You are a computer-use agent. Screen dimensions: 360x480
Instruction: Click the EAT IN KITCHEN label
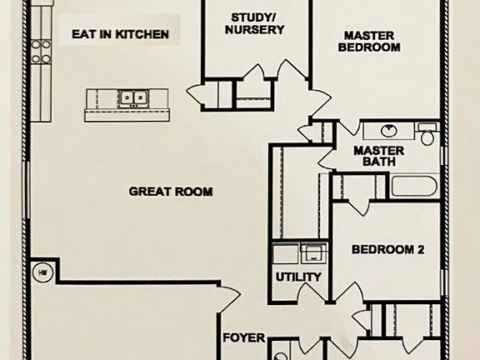pyautogui.click(x=120, y=35)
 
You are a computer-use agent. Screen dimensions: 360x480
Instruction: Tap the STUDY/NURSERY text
pyautogui.click(x=257, y=22)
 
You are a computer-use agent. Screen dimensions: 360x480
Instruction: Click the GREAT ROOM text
pyautogui.click(x=170, y=192)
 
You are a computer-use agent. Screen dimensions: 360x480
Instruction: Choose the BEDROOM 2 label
pyautogui.click(x=388, y=249)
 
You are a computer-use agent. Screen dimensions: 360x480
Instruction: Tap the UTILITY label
pyautogui.click(x=297, y=277)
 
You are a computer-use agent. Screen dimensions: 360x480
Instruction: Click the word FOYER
pyautogui.click(x=243, y=338)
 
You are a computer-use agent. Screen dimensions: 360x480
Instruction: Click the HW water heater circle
pyautogui.click(x=42, y=271)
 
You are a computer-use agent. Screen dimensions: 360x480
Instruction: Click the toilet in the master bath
pyautogui.click(x=428, y=134)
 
